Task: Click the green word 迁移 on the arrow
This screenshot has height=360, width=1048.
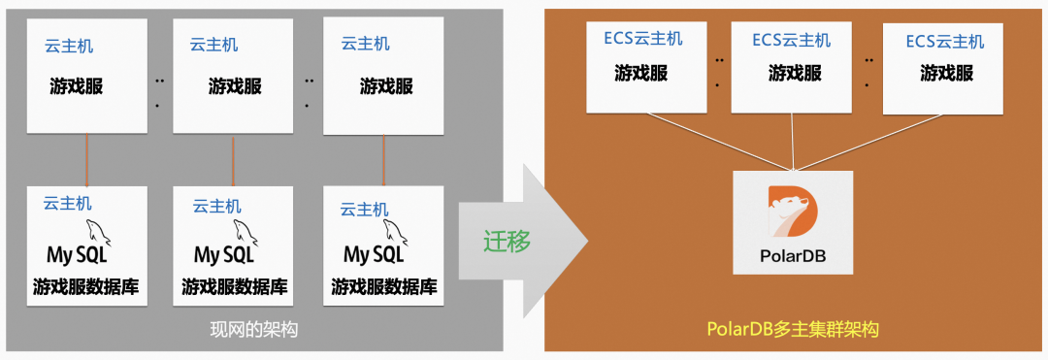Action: (x=508, y=241)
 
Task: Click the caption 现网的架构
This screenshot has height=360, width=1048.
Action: (x=253, y=330)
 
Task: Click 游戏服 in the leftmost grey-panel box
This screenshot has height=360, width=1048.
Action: (x=77, y=86)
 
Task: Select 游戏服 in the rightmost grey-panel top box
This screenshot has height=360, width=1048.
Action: (x=386, y=86)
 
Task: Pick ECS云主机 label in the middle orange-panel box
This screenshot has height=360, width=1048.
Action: (x=791, y=41)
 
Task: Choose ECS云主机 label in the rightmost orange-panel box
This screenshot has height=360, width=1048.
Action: (x=944, y=42)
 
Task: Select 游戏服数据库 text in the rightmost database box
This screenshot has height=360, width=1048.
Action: (x=383, y=287)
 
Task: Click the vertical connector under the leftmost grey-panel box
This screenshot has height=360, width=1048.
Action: (x=87, y=160)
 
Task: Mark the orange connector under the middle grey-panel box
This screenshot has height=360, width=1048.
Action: (x=233, y=160)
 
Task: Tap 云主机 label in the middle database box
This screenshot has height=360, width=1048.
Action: (x=216, y=206)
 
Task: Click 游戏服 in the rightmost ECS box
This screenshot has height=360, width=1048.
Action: (x=946, y=73)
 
